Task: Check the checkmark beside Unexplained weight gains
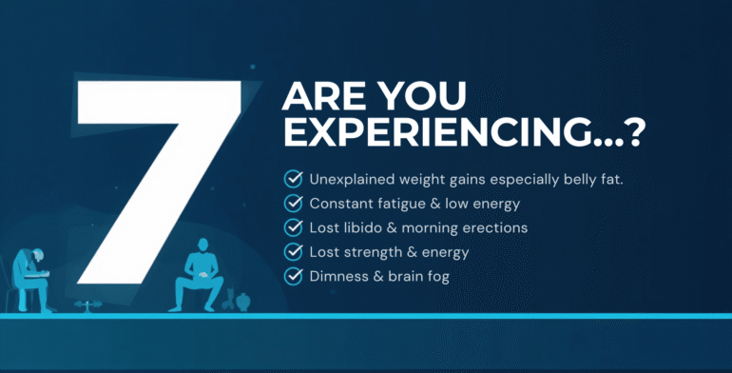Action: point(293,178)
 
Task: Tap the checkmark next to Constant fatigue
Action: point(293,203)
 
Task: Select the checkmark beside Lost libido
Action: point(293,227)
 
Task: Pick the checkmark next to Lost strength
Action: point(293,252)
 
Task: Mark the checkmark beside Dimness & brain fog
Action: point(293,277)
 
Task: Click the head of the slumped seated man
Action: point(31,258)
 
